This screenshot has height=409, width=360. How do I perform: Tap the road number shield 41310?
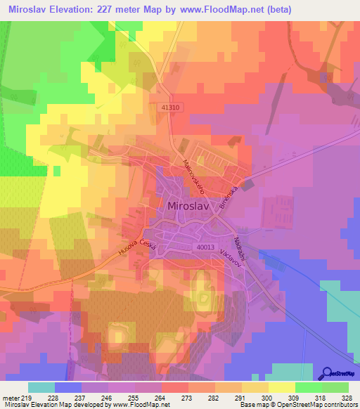coord(169,108)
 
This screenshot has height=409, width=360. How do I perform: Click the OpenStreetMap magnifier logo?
coord(327,372)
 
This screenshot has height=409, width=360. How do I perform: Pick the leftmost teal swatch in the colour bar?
coord(41,387)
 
